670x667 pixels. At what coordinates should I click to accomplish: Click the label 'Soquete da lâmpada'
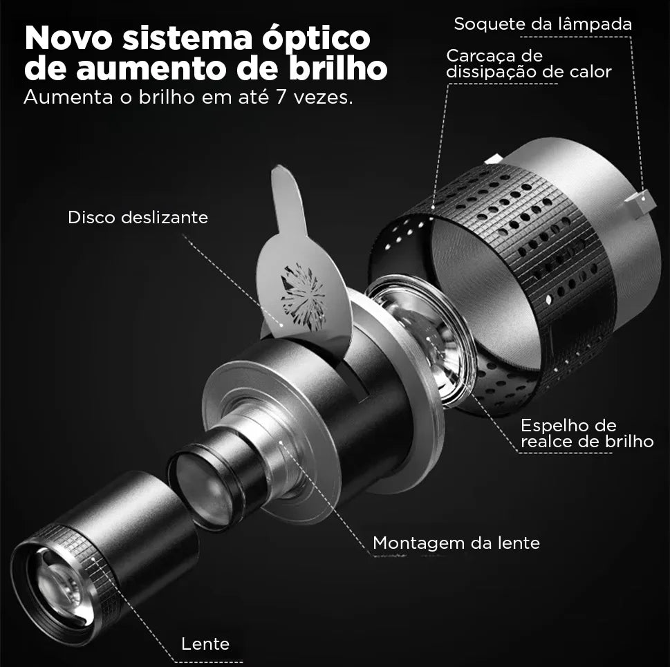[x=543, y=24]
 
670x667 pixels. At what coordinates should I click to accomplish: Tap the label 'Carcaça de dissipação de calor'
[x=529, y=64]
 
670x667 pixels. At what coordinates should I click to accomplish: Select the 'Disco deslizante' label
[x=138, y=217]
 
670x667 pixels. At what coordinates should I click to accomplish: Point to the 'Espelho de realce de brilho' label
[x=586, y=433]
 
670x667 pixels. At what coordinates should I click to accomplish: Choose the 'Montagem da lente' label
[x=456, y=543]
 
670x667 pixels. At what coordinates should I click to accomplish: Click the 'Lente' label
[x=205, y=643]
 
